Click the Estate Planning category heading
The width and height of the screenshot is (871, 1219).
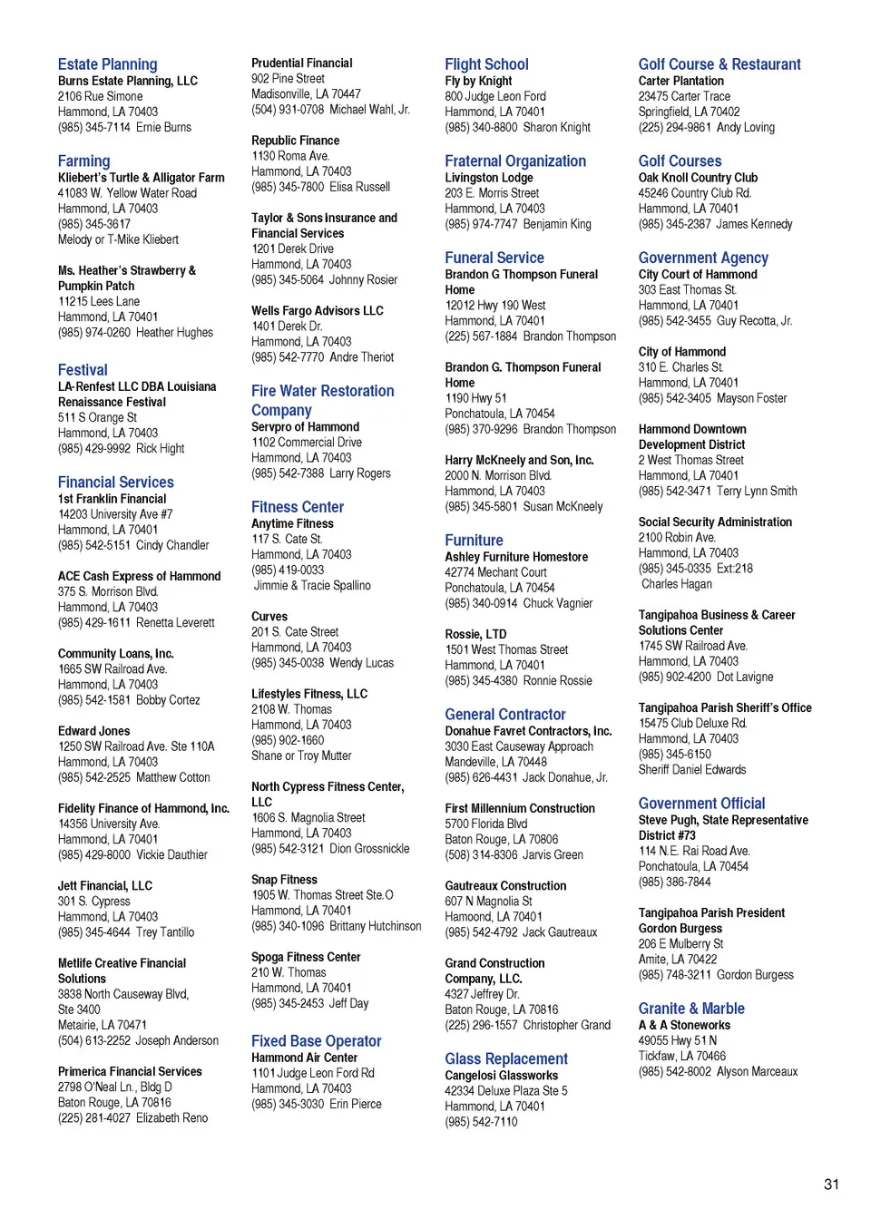107,64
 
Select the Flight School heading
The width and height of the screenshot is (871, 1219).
486,64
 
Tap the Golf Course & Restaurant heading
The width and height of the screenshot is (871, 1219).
719,64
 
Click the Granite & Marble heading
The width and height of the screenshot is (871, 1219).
691,1009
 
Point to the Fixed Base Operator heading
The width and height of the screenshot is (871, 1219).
316,1041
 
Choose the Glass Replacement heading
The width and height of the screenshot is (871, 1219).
506,1058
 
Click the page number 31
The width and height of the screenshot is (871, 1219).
831,1184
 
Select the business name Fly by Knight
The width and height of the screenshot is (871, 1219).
478,81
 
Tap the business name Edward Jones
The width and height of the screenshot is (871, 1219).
93,731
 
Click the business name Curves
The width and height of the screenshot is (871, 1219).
269,617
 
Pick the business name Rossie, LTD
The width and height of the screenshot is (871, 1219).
475,634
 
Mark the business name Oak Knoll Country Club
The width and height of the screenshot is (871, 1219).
698,178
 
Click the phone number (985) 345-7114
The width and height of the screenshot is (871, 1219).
93,127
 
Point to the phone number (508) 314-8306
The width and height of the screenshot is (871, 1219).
481,854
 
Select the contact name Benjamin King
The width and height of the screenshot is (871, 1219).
557,224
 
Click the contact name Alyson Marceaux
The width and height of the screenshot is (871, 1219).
757,1071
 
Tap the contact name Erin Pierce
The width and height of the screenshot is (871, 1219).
356,1104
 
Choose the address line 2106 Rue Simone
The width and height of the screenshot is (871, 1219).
100,96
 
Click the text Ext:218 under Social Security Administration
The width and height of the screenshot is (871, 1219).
735,569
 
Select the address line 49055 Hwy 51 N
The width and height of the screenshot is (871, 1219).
677,1040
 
